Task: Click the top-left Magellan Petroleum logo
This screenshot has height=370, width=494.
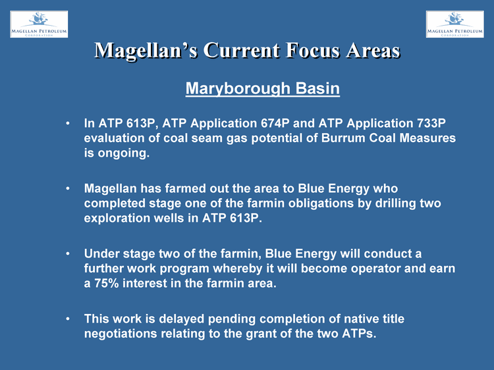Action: (39, 24)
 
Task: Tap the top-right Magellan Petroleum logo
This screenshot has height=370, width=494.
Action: (455, 24)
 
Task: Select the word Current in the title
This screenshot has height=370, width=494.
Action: (241, 51)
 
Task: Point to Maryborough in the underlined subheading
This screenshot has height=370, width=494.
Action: (238, 88)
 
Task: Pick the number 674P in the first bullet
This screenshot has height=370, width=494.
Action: (275, 123)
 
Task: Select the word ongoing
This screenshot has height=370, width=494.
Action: (123, 153)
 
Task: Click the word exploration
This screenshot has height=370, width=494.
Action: (117, 218)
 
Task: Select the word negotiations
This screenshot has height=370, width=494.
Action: (121, 334)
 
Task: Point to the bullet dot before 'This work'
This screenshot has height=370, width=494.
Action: (68, 319)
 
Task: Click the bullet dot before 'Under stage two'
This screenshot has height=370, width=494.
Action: (68, 253)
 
